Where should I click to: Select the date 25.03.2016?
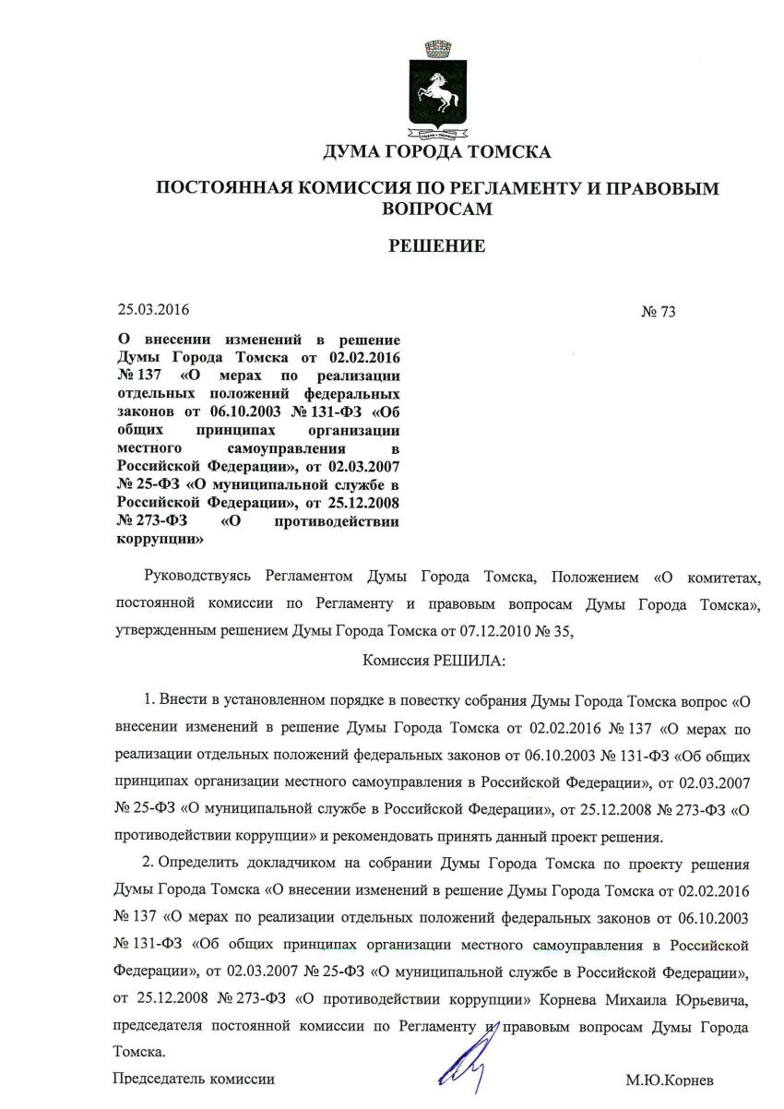coord(152,308)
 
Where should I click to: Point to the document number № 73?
coord(659,312)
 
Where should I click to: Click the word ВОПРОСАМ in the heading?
coord(436,209)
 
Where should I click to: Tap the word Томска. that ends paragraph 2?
coord(139,1051)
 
